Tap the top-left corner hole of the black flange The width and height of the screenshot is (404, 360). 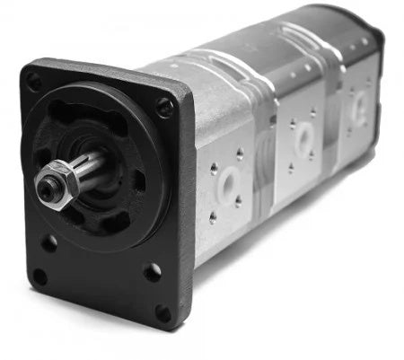[34, 83]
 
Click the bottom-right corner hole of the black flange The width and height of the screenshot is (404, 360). [162, 312]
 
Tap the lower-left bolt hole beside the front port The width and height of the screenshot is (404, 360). [213, 216]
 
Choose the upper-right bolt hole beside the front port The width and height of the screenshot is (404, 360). [239, 154]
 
